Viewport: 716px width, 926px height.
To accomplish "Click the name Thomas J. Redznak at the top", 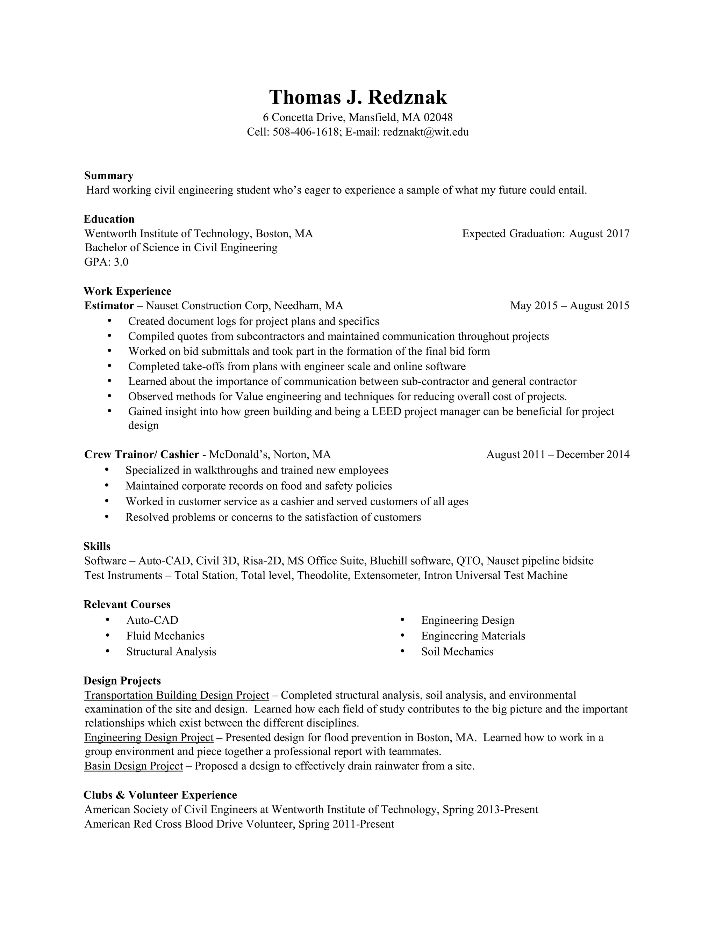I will [x=358, y=97].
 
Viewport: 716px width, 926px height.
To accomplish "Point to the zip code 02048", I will [x=438, y=117].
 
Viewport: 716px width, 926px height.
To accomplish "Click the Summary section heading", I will [x=109, y=175].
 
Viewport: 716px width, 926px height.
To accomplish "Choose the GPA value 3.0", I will [x=121, y=262].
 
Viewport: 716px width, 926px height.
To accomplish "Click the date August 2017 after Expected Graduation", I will [x=599, y=234].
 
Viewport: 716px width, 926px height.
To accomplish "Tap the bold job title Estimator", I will [x=109, y=306].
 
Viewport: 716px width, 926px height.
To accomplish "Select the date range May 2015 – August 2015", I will [x=570, y=306].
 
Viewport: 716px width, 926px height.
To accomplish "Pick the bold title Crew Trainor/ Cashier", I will [x=142, y=455].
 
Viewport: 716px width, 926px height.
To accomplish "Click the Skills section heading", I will [x=97, y=546].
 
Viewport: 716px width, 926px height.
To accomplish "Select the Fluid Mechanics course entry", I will [x=165, y=636].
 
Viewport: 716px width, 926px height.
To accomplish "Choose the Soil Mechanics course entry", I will [x=457, y=652].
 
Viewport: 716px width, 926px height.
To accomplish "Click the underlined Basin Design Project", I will [x=134, y=766].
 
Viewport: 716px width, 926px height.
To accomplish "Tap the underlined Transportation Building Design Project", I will [x=177, y=695].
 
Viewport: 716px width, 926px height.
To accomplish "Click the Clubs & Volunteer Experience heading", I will [x=160, y=795].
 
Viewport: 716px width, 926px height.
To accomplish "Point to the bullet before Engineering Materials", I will [x=402, y=636].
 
